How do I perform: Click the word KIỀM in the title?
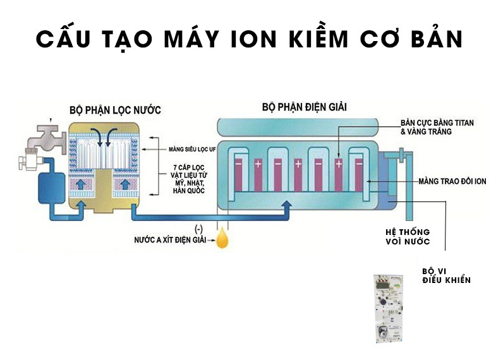(314, 39)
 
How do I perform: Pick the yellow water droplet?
(223, 239)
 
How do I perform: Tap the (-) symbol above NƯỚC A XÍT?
(202, 227)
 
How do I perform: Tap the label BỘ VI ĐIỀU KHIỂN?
(445, 276)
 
